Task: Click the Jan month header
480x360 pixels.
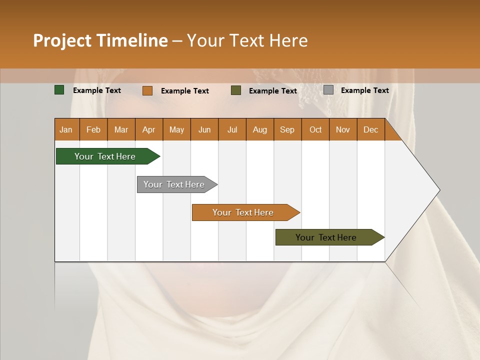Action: pyautogui.click(x=66, y=129)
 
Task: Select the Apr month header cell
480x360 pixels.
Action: pyautogui.click(x=148, y=129)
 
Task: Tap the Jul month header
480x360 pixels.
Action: pyautogui.click(x=232, y=129)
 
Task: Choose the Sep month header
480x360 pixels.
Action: pyautogui.click(x=287, y=129)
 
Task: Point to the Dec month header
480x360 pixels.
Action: pyautogui.click(x=370, y=129)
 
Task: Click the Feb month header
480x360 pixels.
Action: pyautogui.click(x=93, y=129)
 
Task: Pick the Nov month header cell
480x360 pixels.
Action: pyautogui.click(x=342, y=129)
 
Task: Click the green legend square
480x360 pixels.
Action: pyautogui.click(x=59, y=90)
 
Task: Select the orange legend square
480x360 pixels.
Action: pyautogui.click(x=147, y=90)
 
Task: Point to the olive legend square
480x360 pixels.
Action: pyautogui.click(x=236, y=90)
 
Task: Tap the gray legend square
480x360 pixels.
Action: pyautogui.click(x=328, y=90)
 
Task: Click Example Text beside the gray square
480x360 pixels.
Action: pyautogui.click(x=364, y=90)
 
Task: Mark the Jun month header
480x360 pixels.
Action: pyautogui.click(x=204, y=129)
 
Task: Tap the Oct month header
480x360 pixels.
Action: pyautogui.click(x=315, y=129)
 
